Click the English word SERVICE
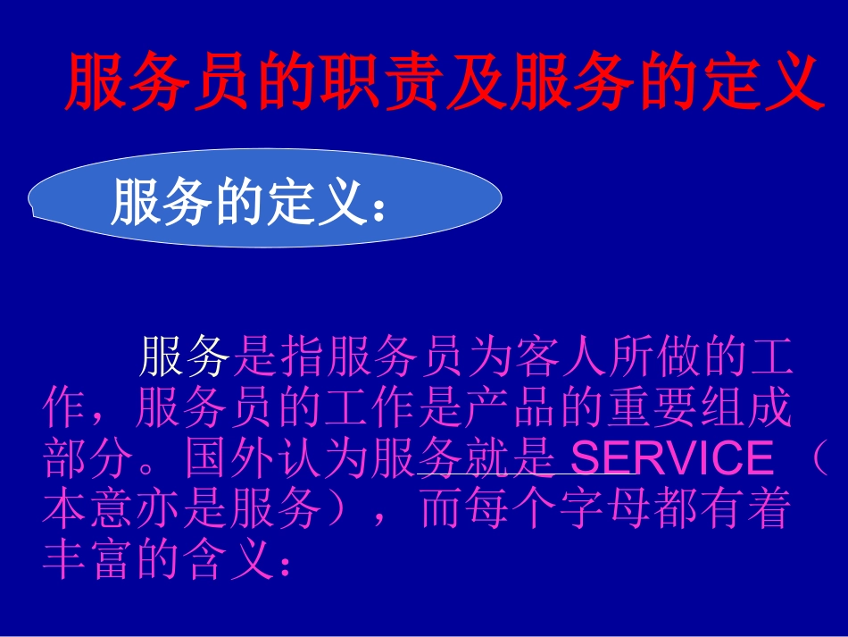(671, 459)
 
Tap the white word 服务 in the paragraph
(185, 357)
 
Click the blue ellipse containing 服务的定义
(264, 198)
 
